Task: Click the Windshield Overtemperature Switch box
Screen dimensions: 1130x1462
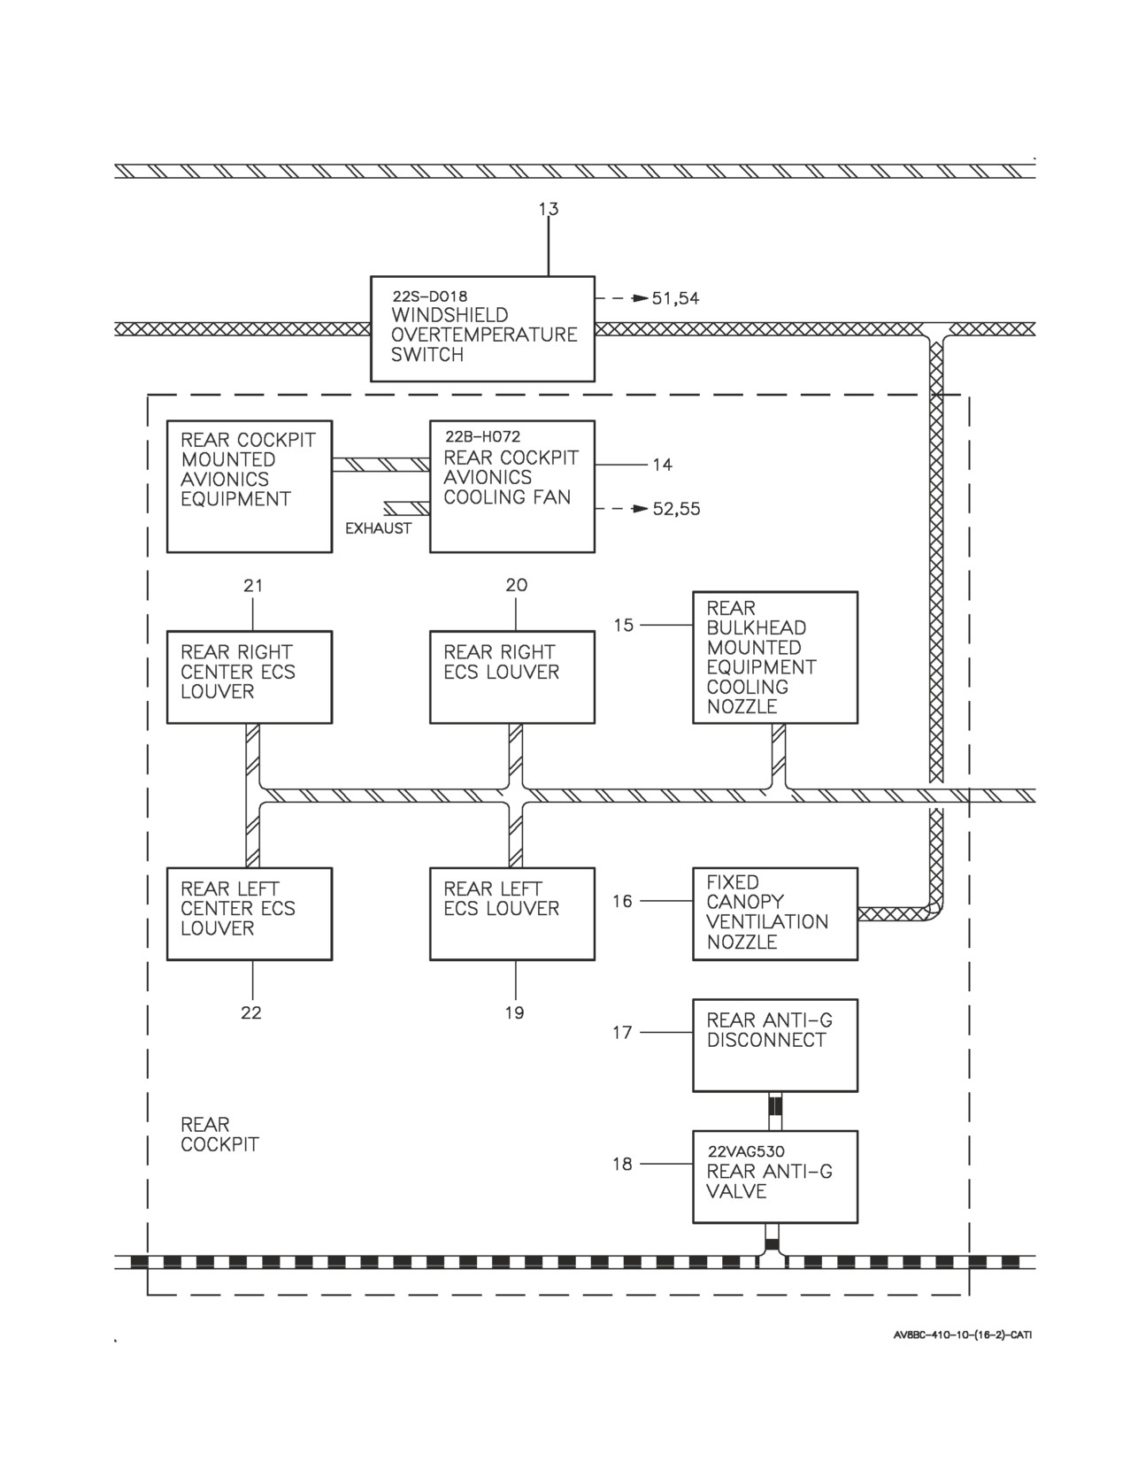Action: click(482, 329)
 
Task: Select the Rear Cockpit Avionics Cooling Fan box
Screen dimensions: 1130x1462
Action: click(511, 487)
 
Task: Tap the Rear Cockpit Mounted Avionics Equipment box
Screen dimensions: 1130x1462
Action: click(250, 487)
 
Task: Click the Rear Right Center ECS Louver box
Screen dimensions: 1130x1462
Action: click(250, 677)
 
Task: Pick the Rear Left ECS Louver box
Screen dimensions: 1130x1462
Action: click(511, 913)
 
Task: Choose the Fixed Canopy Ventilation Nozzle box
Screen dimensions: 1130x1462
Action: click(775, 913)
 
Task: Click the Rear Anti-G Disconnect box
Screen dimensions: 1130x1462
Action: click(775, 1045)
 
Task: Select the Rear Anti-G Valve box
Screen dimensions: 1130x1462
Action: click(775, 1177)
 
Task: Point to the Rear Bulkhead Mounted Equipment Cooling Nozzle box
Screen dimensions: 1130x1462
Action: click(775, 658)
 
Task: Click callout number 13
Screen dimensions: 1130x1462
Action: click(548, 209)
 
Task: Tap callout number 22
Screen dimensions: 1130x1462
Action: click(251, 1012)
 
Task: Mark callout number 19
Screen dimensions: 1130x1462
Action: click(514, 1012)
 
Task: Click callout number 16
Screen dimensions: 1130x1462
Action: click(623, 901)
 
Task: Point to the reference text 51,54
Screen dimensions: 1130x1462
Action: click(676, 298)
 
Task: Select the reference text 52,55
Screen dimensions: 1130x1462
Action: click(677, 509)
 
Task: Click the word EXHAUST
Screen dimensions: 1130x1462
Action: click(378, 529)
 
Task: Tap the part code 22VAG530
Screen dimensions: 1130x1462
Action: click(746, 1151)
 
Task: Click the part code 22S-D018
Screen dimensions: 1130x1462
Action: click(430, 296)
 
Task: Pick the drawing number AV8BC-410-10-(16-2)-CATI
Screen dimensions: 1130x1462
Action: click(963, 1335)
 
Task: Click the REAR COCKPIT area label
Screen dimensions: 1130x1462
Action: click(219, 1135)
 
